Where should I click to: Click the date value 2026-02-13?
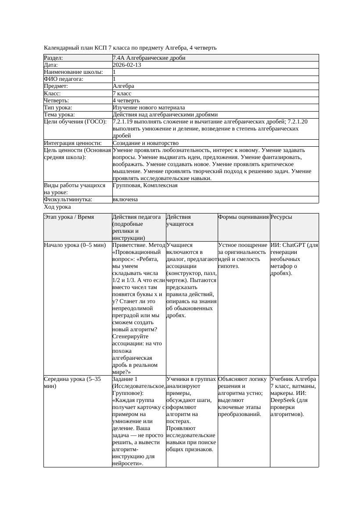tap(127, 65)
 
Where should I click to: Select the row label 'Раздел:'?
tap(54, 58)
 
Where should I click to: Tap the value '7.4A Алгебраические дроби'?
tap(149, 58)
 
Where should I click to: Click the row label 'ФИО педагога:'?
tap(64, 79)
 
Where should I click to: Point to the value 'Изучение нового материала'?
tap(149, 108)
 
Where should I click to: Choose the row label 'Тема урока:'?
tap(59, 115)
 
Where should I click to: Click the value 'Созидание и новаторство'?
tap(146, 143)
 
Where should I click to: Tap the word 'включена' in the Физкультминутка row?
tap(125, 199)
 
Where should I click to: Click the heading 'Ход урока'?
tap(58, 207)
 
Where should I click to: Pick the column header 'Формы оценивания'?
tap(243, 217)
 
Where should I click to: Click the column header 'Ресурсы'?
tap(281, 217)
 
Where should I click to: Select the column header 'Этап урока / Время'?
tap(69, 217)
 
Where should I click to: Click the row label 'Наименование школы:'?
tap(73, 72)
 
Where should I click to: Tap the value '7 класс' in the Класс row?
tap(122, 94)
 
